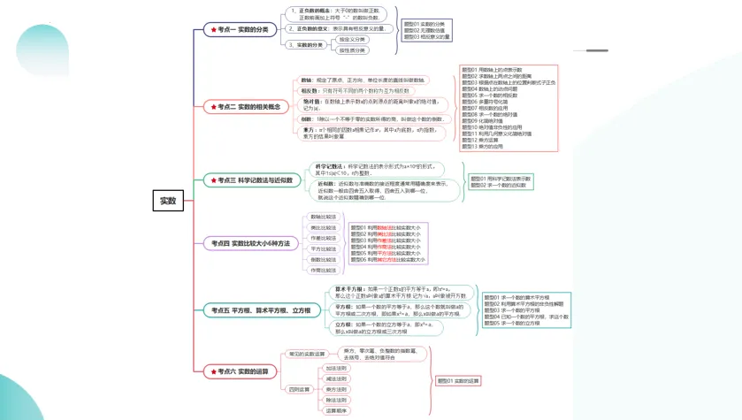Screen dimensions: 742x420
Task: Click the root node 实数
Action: [x=167, y=201]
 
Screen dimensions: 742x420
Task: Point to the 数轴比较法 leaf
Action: [x=323, y=217]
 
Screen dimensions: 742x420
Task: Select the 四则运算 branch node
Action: [x=300, y=389]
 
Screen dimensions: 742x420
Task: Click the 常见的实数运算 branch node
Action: [x=302, y=354]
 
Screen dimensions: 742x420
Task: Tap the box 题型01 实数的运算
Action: [x=459, y=380]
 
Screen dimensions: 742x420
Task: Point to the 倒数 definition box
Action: [x=371, y=118]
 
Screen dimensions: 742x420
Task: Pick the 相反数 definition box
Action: [x=355, y=90]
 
